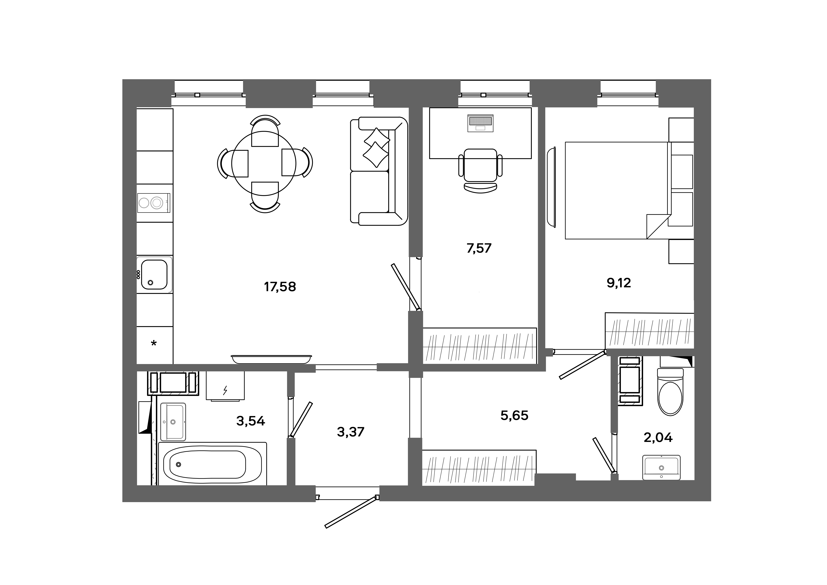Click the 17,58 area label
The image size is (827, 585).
coord(280,287)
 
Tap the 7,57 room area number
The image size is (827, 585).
coord(479,248)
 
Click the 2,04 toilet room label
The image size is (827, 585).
coord(658,437)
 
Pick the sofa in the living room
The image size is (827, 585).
coord(378,171)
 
